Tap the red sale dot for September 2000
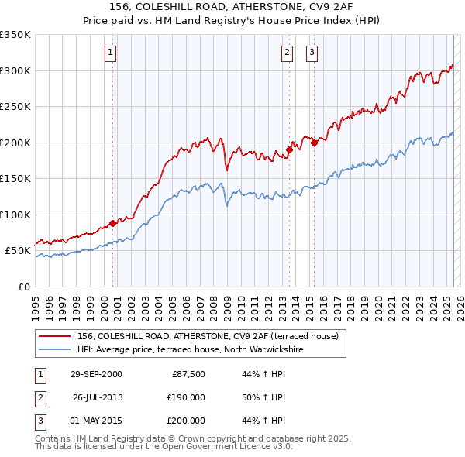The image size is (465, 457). pos(113,223)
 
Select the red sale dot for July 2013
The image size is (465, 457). pos(289,149)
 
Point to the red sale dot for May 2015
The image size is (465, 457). pos(314,143)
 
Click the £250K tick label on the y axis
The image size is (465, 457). pos(15,107)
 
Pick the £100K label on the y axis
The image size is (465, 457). pos(15,215)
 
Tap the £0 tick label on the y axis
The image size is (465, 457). pos(23,287)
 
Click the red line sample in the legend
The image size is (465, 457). pos(54,337)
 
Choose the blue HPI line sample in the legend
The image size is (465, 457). pos(54,350)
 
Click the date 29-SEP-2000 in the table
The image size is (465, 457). pos(96,374)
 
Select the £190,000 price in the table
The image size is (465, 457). pos(186,397)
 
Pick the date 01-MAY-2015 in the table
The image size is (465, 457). pos(96,421)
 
